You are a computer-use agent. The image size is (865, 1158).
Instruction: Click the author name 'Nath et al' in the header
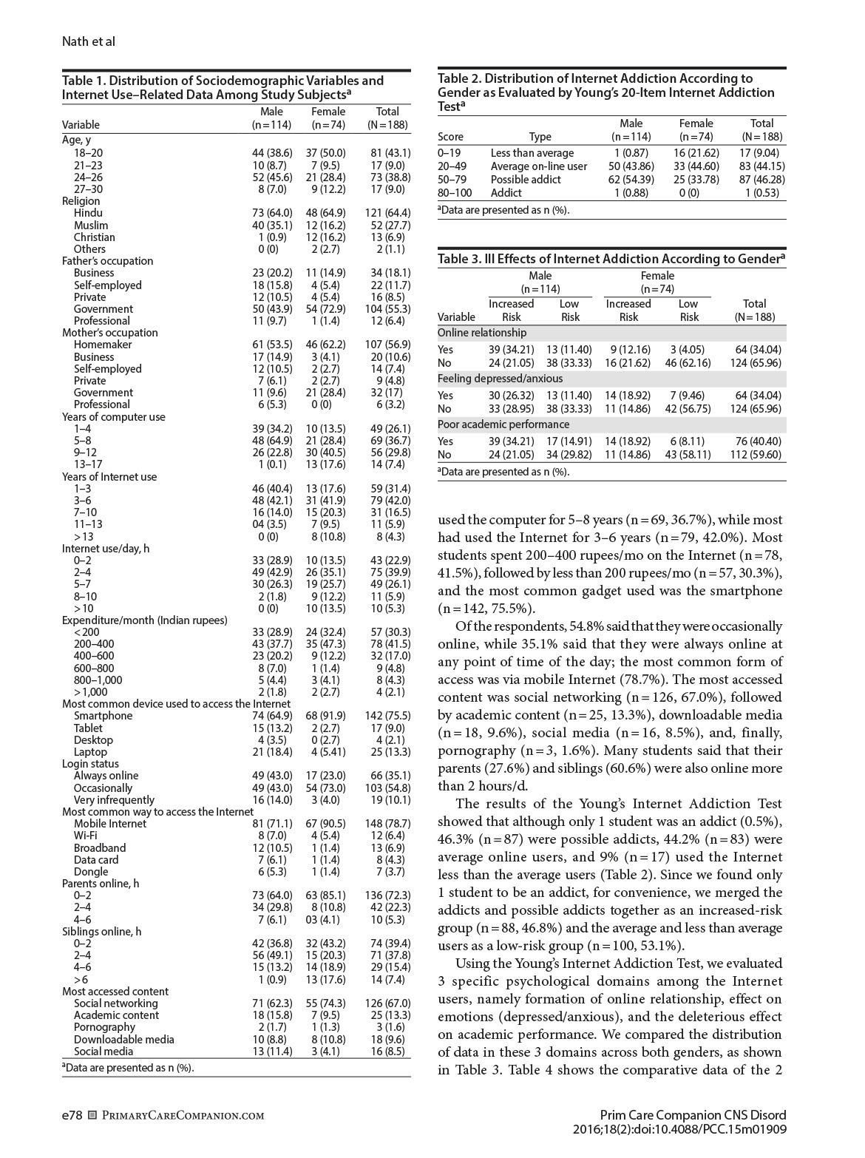click(88, 41)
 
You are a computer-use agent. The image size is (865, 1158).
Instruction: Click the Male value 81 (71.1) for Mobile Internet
click(271, 824)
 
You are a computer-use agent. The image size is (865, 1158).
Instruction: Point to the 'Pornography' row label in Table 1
click(104, 1027)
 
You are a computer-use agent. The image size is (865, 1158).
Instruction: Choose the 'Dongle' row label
click(91, 872)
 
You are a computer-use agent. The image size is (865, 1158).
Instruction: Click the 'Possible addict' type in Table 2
click(526, 180)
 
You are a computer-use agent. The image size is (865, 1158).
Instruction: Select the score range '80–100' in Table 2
click(453, 193)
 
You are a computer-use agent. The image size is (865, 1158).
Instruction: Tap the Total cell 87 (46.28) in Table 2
click(761, 180)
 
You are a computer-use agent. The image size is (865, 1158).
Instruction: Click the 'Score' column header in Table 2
click(451, 137)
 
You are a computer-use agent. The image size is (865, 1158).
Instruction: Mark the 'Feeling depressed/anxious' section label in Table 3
click(500, 379)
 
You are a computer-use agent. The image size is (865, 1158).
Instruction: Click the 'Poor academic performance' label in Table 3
click(503, 424)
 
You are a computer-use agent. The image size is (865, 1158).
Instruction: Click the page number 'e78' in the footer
click(72, 1115)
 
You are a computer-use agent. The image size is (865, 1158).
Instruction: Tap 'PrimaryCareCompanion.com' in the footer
click(183, 1116)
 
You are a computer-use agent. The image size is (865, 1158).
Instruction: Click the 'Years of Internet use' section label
click(109, 477)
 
